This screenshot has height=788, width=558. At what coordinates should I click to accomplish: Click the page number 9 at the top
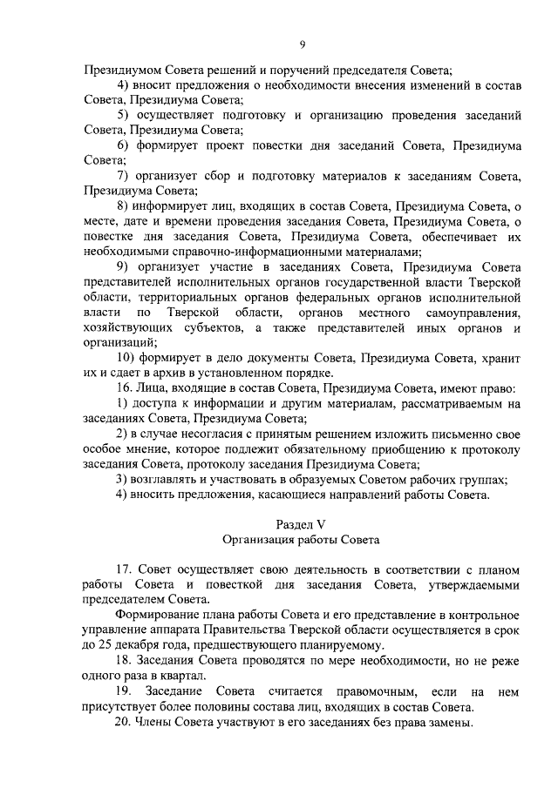click(302, 45)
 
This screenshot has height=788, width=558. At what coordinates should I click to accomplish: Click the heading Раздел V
click(301, 523)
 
